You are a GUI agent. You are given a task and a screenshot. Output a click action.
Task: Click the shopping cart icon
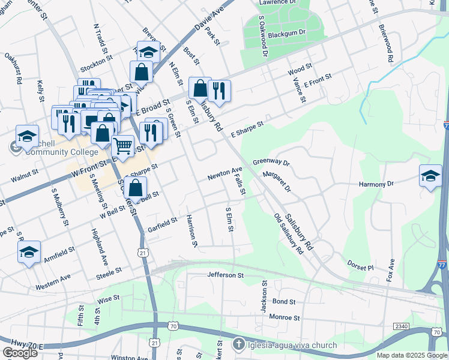123,146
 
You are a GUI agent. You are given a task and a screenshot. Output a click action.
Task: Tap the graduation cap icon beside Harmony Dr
430,175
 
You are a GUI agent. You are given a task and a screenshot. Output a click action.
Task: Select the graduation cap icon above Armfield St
28,253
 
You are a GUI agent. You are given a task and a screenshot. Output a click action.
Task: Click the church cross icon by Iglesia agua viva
238,345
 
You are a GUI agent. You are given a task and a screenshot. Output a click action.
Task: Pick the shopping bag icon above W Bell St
137,188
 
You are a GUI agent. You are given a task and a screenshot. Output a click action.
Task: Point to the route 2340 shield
402,325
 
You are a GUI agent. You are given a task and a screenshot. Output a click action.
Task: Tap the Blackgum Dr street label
287,32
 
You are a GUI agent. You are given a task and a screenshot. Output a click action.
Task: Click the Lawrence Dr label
278,3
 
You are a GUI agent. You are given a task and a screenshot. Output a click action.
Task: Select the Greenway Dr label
271,163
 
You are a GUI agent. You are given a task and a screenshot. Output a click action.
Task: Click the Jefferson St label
225,275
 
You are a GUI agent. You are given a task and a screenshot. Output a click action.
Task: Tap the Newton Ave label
224,175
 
